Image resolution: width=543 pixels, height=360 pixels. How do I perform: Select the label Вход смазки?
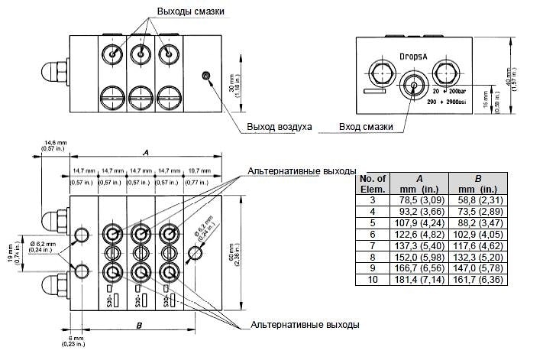point(366,126)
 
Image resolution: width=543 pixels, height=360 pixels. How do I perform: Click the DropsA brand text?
point(415,57)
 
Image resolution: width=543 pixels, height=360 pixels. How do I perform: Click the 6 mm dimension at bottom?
point(76,342)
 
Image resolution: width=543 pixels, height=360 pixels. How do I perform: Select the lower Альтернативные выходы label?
point(305,325)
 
